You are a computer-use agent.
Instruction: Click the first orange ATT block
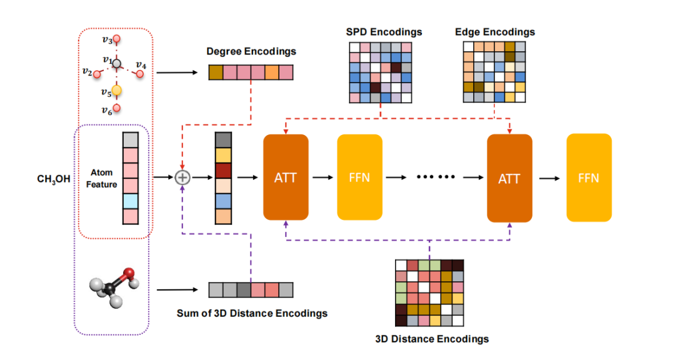tap(286, 177)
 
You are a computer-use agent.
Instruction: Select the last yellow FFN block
tap(589, 177)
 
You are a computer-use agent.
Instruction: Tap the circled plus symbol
tap(182, 177)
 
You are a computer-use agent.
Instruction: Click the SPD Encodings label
tap(384, 32)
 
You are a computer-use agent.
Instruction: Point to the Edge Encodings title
tap(495, 32)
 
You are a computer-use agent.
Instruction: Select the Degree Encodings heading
tap(251, 51)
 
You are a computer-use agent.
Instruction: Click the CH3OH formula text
tap(54, 179)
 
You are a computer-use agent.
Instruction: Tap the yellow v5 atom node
tap(117, 91)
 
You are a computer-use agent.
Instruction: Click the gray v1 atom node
tap(116, 64)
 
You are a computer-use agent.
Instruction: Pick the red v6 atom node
tap(117, 107)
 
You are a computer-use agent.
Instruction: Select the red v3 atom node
tap(116, 39)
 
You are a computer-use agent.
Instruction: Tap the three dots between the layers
tap(436, 177)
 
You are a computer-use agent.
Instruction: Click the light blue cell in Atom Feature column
tap(131, 201)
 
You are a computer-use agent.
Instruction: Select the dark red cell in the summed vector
tap(223, 171)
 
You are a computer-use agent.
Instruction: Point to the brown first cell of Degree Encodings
tap(216, 72)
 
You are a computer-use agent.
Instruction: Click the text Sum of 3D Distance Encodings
tap(252, 313)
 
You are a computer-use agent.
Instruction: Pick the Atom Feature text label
tap(102, 178)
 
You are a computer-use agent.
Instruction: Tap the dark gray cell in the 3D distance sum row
tap(244, 290)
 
